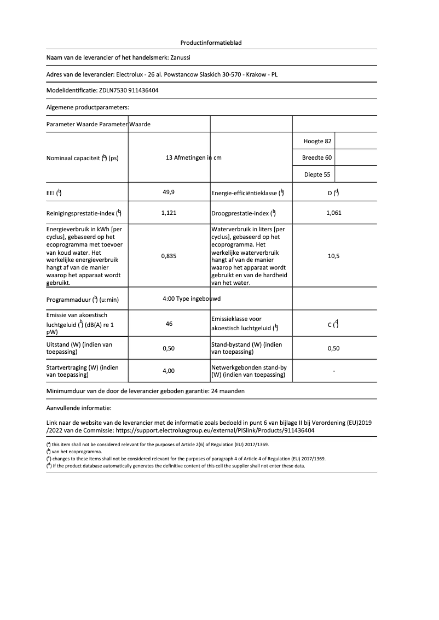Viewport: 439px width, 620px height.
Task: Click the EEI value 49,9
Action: click(x=169, y=192)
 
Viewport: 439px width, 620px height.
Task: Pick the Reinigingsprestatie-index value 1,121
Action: click(x=169, y=213)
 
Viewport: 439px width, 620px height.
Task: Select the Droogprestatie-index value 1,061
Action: click(x=333, y=213)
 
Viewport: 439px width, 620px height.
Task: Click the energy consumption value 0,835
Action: click(x=169, y=256)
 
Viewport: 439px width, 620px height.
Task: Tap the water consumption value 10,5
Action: click(x=333, y=256)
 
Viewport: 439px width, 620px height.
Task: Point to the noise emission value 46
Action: click(x=169, y=324)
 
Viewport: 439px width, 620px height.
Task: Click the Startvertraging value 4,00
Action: click(x=169, y=371)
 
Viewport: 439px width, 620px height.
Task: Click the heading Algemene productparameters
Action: click(x=88, y=107)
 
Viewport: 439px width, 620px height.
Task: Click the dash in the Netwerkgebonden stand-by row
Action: click(x=333, y=371)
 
